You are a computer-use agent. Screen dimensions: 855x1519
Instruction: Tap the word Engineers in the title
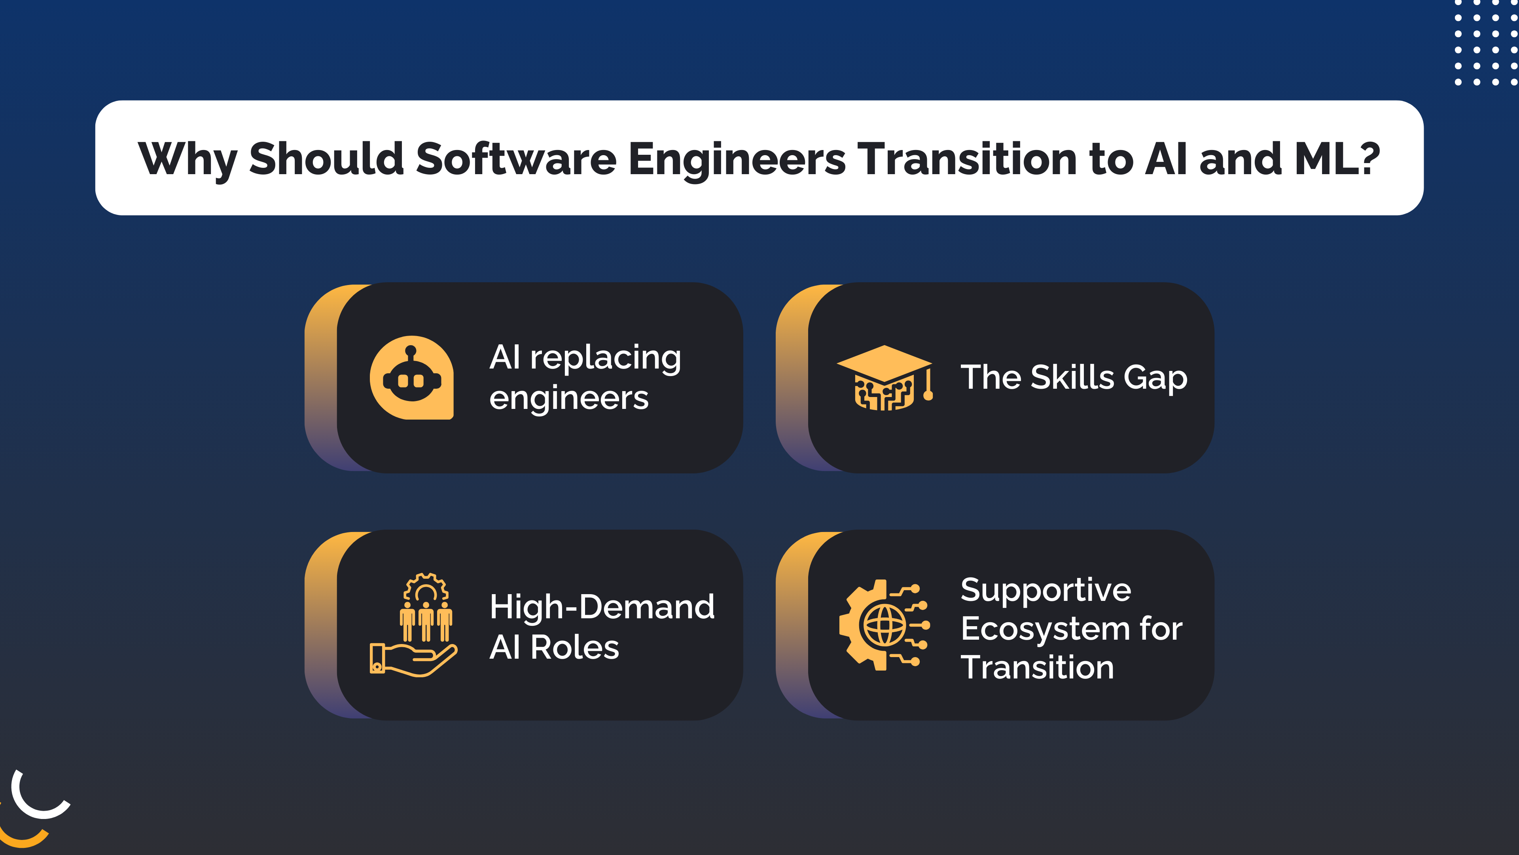pos(737,159)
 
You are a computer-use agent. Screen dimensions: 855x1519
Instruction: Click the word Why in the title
pos(187,159)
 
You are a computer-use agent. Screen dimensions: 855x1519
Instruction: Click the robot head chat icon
pos(411,378)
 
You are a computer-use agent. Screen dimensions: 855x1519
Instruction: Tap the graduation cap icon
pos(885,378)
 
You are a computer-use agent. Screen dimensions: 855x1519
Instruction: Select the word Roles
pos(574,647)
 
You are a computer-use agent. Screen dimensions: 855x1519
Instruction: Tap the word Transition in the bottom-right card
pos(1037,667)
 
